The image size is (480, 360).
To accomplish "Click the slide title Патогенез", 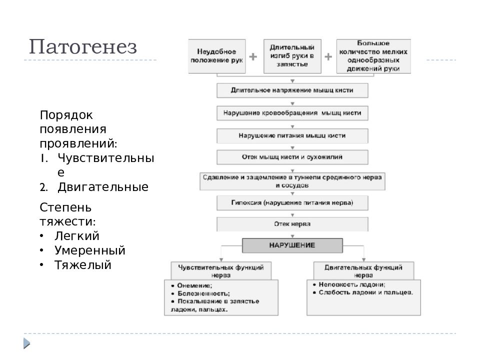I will [82, 47].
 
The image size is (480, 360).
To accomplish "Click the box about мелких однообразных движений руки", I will [373, 56].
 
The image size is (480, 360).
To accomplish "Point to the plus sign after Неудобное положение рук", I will [253, 57].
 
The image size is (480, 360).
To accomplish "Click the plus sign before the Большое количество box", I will [328, 57].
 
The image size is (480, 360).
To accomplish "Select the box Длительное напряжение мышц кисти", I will [292, 91].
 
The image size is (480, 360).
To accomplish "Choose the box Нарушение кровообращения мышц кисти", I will [292, 113].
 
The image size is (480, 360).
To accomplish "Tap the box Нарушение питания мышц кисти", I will [292, 135].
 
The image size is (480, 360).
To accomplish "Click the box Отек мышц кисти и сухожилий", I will [292, 157].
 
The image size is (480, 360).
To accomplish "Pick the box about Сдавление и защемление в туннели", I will [292, 181].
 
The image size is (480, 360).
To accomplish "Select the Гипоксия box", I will [292, 202].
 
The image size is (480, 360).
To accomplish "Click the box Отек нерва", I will [292, 224].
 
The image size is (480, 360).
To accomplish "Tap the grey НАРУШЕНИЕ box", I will [292, 245].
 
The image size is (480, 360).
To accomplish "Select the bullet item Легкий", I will [77, 236].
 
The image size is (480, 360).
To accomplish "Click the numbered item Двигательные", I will [102, 187].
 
